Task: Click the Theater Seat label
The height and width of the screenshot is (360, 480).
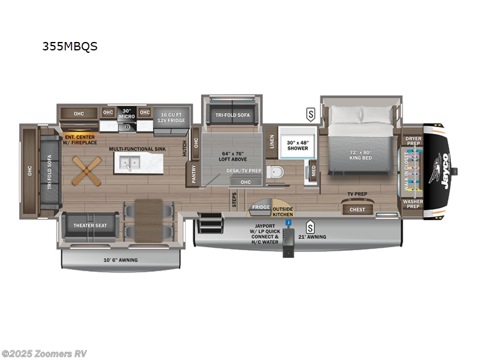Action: click(x=89, y=226)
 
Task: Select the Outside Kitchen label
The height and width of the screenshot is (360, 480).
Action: click(x=283, y=211)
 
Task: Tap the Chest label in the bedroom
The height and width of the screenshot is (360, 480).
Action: click(x=357, y=209)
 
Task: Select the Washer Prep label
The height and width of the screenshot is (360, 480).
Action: click(x=413, y=204)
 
